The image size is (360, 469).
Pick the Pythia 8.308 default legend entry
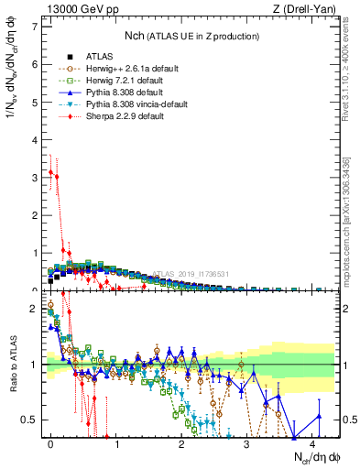point(96,93)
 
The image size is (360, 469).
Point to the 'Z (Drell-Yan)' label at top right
point(309,8)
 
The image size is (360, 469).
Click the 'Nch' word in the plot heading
point(135,36)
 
